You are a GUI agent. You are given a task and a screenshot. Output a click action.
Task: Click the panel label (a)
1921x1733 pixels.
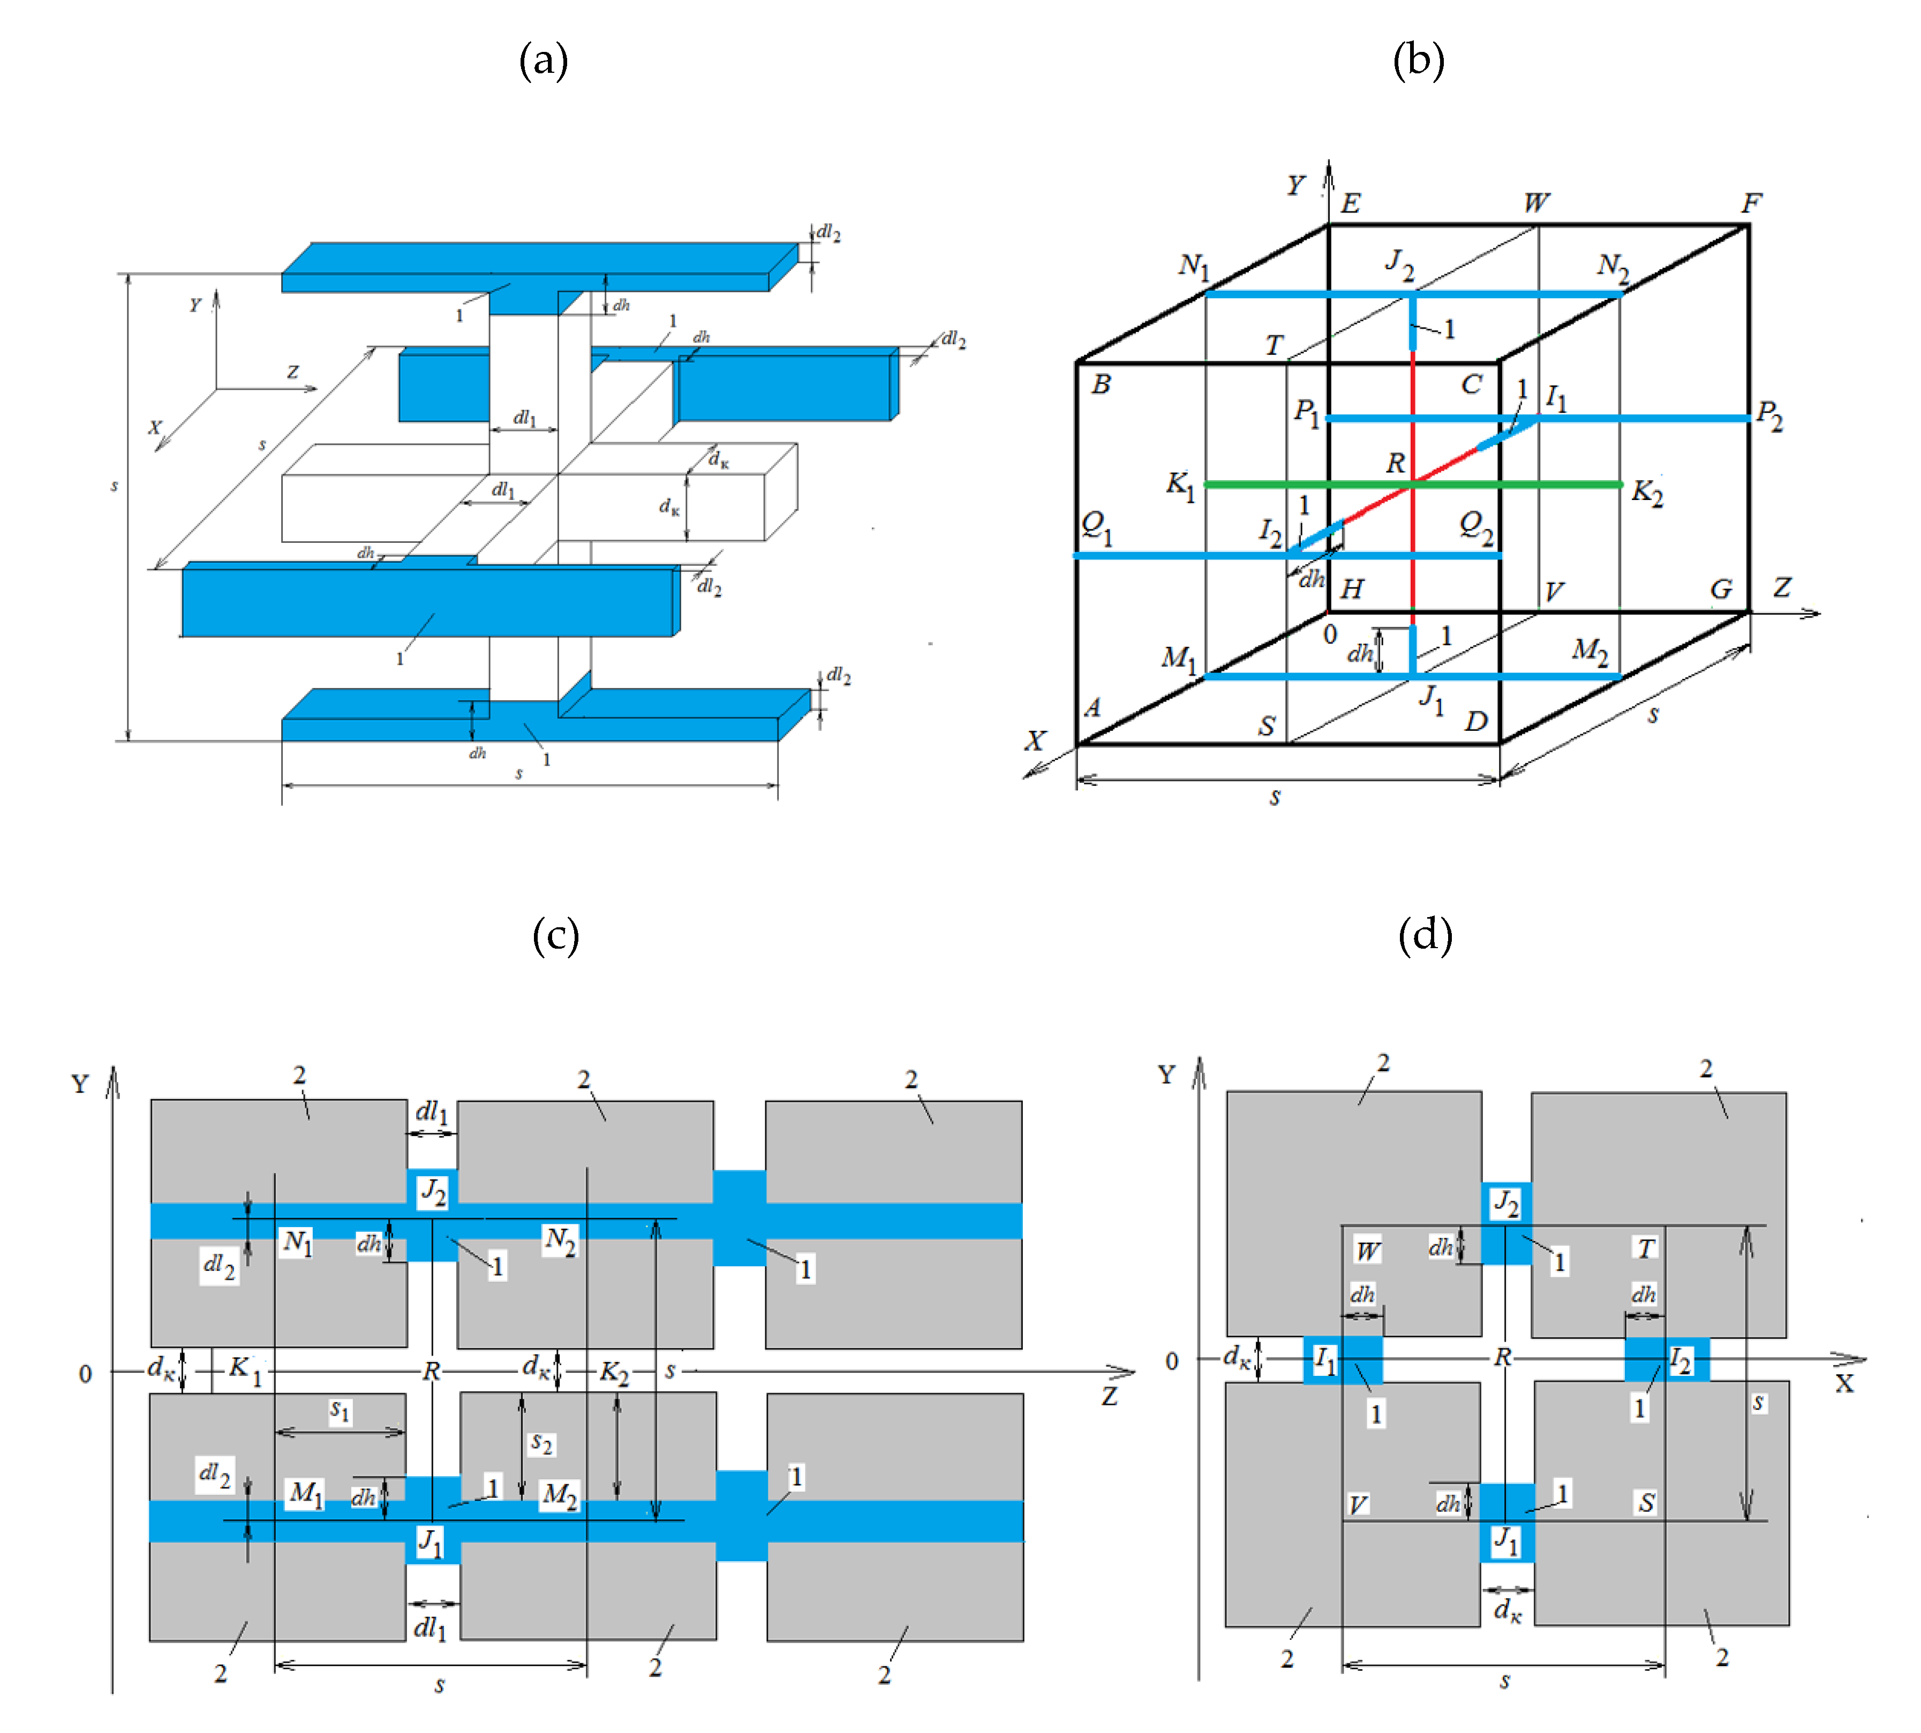543,61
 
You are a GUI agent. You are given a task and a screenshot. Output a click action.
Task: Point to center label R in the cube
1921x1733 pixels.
1395,464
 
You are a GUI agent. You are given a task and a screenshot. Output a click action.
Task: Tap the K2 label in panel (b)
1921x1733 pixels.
1647,493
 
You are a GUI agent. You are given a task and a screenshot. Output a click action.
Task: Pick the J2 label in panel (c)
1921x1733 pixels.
433,1190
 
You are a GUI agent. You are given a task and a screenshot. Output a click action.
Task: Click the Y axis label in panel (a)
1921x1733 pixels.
195,305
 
